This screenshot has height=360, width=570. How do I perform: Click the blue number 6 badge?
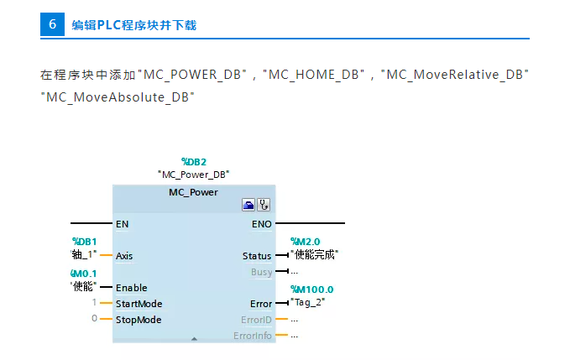click(52, 24)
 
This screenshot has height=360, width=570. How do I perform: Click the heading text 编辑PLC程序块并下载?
click(133, 25)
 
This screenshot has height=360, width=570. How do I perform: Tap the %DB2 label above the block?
click(193, 161)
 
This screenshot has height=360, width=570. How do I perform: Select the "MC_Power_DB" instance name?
click(193, 174)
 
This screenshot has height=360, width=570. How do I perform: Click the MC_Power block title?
click(193, 192)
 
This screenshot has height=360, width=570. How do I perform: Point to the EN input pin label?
click(123, 224)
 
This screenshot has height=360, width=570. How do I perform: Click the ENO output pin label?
click(261, 224)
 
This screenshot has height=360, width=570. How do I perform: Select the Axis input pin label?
click(124, 256)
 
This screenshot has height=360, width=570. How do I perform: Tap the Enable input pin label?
click(131, 288)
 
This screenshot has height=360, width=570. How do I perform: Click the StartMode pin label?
click(139, 304)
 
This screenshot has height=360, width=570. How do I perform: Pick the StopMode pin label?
click(139, 320)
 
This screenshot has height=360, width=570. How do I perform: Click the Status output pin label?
click(257, 256)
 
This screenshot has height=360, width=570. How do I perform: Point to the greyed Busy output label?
click(261, 272)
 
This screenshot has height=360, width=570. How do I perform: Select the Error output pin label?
click(261, 304)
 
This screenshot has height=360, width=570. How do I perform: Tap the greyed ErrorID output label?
click(256, 320)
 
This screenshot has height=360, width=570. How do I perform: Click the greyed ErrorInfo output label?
click(253, 336)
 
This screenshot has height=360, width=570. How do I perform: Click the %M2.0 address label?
click(305, 242)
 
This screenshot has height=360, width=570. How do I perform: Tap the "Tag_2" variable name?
click(310, 302)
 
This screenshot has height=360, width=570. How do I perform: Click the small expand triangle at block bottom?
click(194, 338)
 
